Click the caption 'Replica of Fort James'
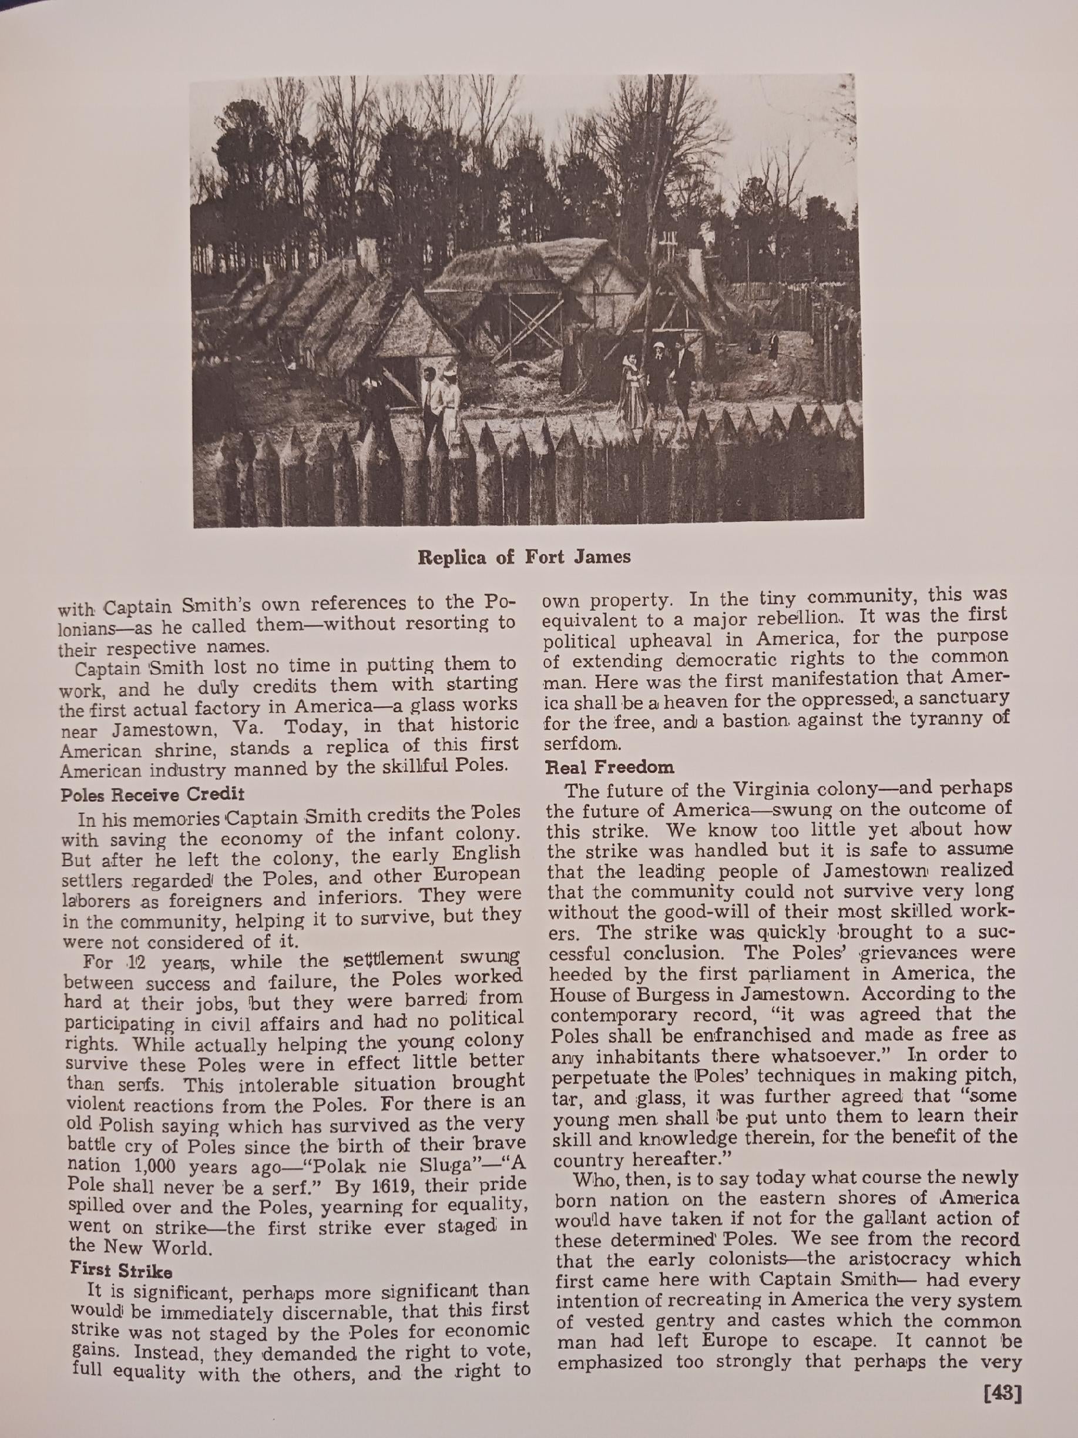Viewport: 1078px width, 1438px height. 524,557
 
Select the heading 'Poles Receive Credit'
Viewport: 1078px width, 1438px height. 152,795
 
